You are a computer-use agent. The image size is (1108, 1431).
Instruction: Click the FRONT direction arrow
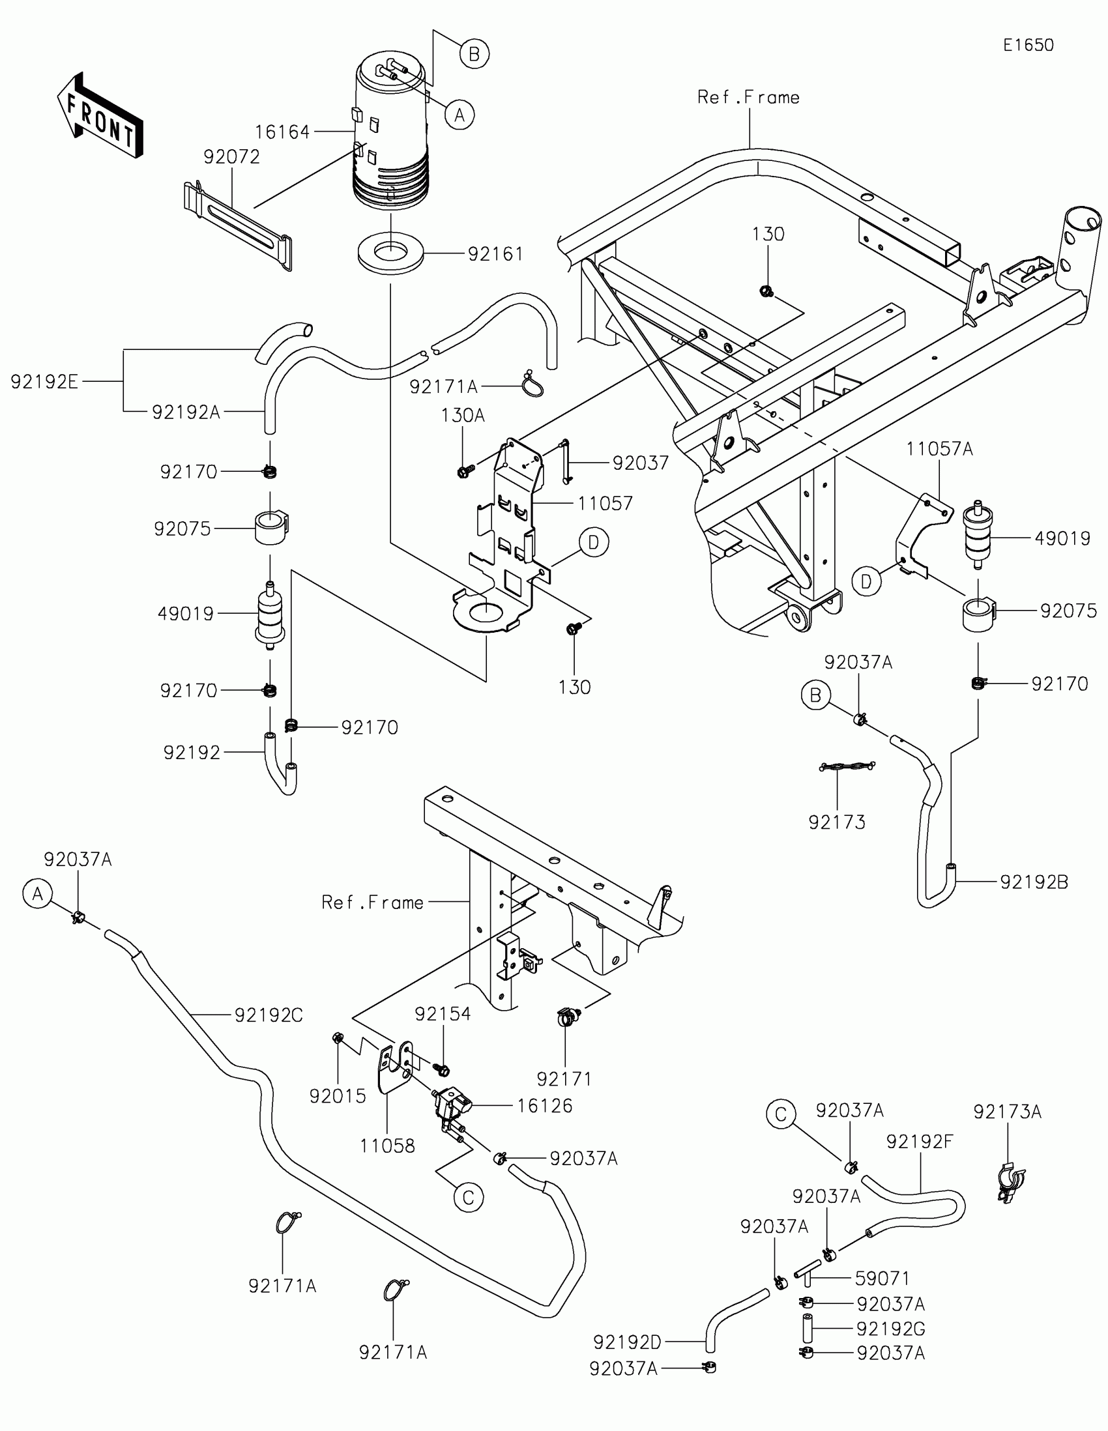[100, 116]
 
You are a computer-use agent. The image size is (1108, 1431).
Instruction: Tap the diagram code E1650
[1028, 45]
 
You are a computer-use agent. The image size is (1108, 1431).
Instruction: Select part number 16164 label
[282, 132]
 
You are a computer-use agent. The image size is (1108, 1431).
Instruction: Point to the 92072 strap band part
[237, 225]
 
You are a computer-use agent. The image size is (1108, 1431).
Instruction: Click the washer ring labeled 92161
[390, 253]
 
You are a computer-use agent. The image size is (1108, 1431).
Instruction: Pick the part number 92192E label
[44, 382]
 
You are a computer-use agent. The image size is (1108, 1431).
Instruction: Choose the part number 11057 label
[605, 503]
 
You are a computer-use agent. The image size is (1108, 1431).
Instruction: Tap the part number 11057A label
[939, 450]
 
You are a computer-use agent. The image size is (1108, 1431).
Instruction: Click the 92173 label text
[837, 822]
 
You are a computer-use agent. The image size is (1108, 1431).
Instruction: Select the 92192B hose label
[1034, 882]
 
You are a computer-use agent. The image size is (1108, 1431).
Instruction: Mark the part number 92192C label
[269, 1015]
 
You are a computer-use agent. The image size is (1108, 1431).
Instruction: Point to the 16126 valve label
[544, 1106]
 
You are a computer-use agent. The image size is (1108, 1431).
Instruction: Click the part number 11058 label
[387, 1146]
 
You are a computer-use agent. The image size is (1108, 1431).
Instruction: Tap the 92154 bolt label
[443, 1014]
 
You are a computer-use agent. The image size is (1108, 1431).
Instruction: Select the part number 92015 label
[338, 1096]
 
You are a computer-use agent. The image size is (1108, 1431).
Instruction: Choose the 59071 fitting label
[882, 1279]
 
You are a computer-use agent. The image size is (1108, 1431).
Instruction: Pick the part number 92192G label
[890, 1329]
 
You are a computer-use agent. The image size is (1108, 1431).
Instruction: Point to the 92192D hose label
[627, 1342]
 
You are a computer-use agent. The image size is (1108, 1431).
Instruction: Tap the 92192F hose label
[919, 1142]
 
